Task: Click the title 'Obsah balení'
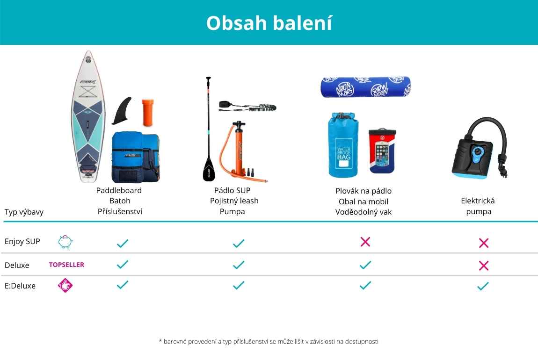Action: (269, 23)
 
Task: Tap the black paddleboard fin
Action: (123, 111)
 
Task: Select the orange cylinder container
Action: (148, 113)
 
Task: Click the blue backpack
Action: (135, 157)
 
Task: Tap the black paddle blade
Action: (208, 169)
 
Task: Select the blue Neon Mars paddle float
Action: (366, 87)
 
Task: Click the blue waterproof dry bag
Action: (343, 144)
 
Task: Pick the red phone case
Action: (382, 151)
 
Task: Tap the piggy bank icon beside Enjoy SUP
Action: (65, 242)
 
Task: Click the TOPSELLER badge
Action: (66, 265)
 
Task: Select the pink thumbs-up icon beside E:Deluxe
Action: (65, 285)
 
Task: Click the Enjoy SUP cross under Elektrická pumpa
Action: (483, 243)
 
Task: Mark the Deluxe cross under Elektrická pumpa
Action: (483, 266)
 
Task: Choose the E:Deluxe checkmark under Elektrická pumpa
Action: (483, 286)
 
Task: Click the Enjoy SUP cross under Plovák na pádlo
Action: (365, 242)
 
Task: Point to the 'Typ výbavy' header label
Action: (24, 212)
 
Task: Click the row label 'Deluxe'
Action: (17, 265)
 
